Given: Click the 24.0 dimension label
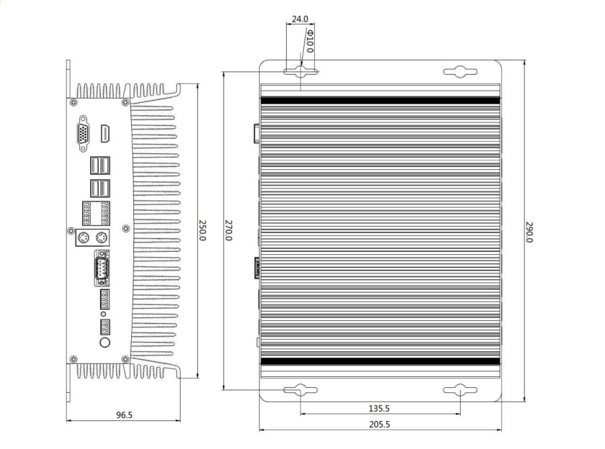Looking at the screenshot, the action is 300,19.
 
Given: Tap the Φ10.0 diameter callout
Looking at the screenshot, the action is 310,42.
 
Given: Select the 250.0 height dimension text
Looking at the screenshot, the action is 202,230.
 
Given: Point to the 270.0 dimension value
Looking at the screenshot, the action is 228,230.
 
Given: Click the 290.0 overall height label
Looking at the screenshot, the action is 529,232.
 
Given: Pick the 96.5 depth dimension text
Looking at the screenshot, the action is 124,415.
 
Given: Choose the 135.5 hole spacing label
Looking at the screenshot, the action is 380,408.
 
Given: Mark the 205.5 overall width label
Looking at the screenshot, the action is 380,425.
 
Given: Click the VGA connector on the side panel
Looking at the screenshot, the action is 83,133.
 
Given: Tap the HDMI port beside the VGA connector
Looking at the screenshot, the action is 105,133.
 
